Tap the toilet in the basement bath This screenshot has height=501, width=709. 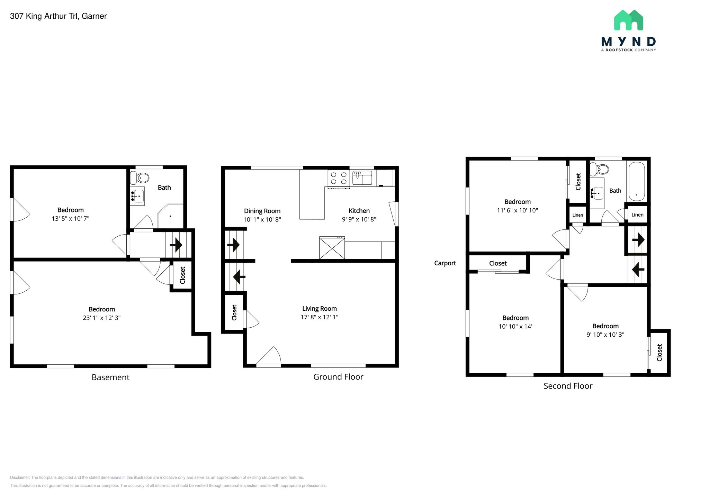point(140,178)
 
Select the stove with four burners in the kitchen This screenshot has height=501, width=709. point(339,178)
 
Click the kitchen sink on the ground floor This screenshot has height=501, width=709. point(362,177)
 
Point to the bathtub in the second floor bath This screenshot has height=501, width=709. point(636,182)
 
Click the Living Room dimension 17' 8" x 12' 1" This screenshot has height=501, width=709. point(319,317)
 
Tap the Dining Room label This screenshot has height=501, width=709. point(262,211)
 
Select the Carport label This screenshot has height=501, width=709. point(445,263)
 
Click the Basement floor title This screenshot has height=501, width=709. point(110,377)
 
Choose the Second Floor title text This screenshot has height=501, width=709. point(568,386)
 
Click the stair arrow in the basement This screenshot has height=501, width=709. point(176,245)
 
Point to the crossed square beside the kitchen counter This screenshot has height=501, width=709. point(332,248)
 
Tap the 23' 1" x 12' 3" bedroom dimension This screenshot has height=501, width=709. point(101,318)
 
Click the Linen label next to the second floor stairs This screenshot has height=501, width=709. point(637,215)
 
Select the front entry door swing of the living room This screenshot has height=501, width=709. point(269,356)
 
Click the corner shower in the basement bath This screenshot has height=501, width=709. point(171,216)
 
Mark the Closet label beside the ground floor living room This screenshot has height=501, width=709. point(234,312)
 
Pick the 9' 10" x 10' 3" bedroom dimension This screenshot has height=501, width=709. point(605,335)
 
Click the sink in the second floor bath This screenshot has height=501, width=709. point(597,193)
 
